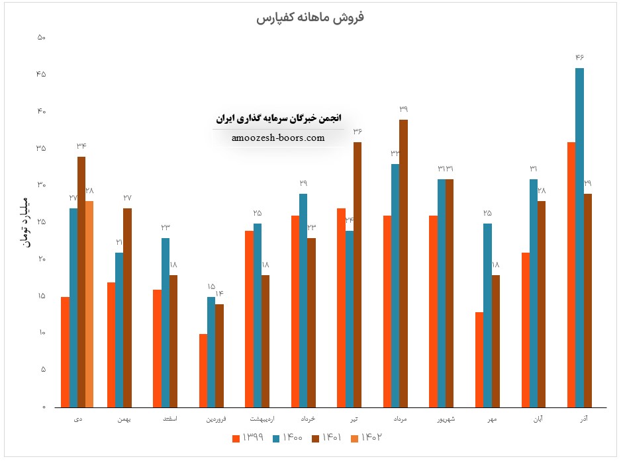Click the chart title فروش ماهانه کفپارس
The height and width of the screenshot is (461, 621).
(x=310, y=17)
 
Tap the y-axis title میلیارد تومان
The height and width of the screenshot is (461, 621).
(x=26, y=222)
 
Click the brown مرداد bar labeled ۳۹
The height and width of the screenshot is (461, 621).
(x=403, y=263)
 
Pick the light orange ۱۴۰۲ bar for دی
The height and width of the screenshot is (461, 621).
(x=89, y=304)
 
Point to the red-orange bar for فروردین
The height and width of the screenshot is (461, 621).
(x=203, y=370)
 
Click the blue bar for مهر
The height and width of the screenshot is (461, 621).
(x=487, y=315)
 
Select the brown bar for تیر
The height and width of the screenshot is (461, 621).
(x=358, y=274)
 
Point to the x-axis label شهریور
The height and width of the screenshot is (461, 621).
(x=441, y=419)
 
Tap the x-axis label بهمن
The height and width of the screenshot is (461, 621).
(x=123, y=419)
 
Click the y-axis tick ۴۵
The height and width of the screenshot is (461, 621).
(x=42, y=74)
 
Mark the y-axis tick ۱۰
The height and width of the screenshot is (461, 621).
(x=42, y=333)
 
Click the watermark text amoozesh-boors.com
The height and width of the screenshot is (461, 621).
(x=278, y=138)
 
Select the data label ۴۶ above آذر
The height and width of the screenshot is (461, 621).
(x=580, y=58)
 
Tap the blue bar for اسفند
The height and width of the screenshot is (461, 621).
(x=165, y=322)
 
